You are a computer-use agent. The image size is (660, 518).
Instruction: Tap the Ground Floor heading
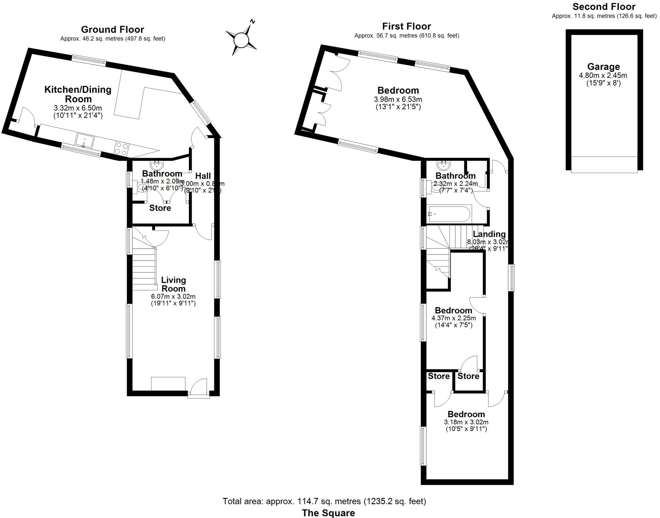click(112, 30)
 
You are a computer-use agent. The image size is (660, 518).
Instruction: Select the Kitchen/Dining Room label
click(78, 94)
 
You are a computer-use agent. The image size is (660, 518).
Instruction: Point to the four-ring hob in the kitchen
click(121, 149)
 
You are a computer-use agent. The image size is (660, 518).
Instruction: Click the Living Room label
click(173, 284)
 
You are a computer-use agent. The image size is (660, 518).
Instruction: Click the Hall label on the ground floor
click(203, 176)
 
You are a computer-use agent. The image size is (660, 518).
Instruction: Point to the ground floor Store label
click(160, 208)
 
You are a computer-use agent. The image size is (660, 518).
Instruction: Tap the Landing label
click(489, 234)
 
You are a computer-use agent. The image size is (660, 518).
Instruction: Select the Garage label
click(603, 67)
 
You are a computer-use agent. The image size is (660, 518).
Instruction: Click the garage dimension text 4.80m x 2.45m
click(603, 76)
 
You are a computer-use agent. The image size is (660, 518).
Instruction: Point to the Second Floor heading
click(604, 7)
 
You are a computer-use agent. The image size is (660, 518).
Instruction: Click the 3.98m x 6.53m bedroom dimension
click(398, 100)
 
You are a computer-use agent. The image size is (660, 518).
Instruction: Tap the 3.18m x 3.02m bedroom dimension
click(466, 422)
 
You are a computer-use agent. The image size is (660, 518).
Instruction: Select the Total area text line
click(324, 501)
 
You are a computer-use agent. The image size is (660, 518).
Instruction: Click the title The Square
click(328, 513)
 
